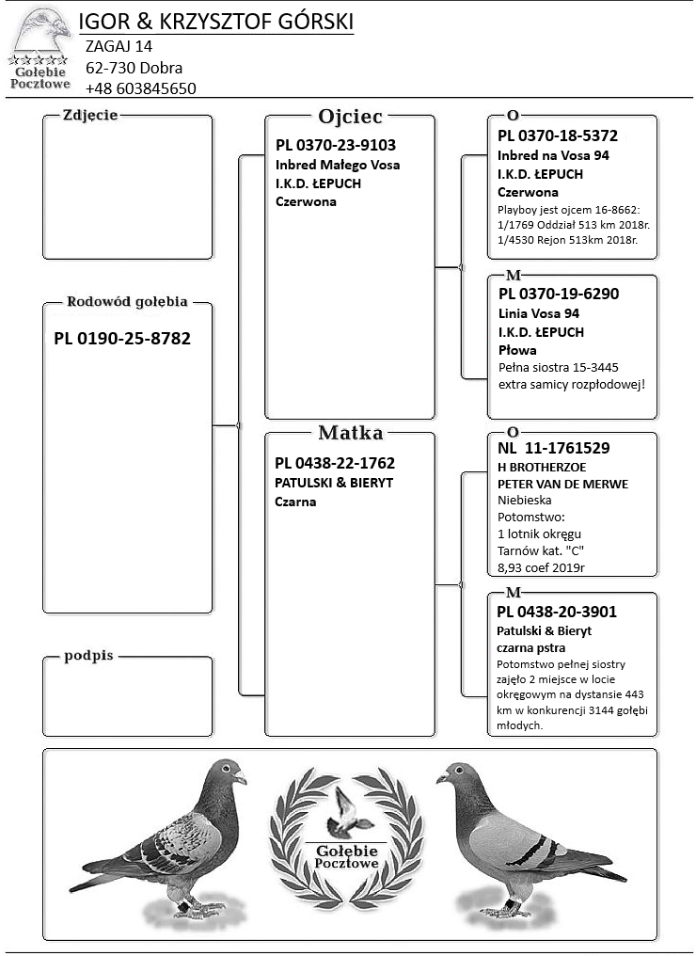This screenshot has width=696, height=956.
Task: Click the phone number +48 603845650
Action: (140, 88)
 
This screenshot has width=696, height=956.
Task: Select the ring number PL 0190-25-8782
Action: (122, 338)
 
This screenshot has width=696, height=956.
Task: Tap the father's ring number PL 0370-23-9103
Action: (336, 146)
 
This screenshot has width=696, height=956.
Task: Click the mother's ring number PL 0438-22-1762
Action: (335, 463)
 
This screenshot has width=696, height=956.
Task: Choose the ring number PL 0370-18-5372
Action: (558, 135)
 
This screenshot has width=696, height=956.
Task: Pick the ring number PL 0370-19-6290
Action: (558, 294)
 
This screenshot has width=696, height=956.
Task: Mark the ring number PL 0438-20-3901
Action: (557, 612)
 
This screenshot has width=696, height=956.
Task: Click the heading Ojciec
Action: (350, 117)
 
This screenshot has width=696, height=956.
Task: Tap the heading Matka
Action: (350, 433)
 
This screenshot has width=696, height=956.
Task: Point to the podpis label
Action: (88, 656)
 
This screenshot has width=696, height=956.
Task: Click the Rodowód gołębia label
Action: (127, 302)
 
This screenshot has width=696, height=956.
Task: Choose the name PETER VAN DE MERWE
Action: (562, 484)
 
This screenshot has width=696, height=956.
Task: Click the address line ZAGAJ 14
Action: (119, 46)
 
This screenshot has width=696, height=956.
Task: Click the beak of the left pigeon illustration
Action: (242, 779)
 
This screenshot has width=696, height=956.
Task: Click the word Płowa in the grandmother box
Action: (517, 350)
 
